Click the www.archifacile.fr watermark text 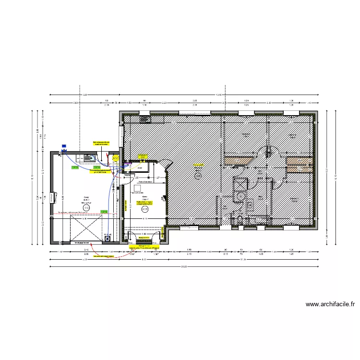(x=330, y=304)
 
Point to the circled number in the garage (x=86, y=207)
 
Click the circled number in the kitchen (x=144, y=209)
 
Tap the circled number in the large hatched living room (x=198, y=177)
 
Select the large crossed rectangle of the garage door (x=86, y=228)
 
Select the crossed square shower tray (x=240, y=184)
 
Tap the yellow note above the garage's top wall (x=102, y=144)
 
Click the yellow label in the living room (x=197, y=165)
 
